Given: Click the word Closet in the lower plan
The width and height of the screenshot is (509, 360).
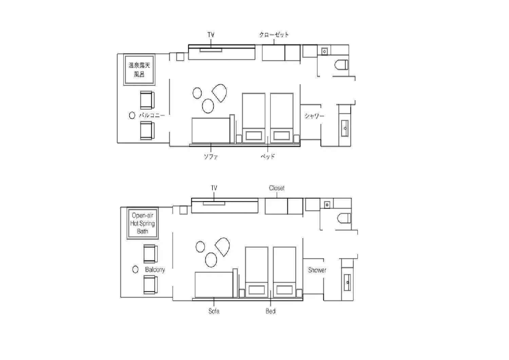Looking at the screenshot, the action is click(277, 188).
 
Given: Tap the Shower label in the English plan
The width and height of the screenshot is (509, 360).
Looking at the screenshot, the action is click(317, 270).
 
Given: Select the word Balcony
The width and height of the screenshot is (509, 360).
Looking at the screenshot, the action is click(155, 270).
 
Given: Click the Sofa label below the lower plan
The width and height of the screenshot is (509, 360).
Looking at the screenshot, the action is click(214, 311).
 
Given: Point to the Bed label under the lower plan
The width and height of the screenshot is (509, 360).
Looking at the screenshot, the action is click(270, 311).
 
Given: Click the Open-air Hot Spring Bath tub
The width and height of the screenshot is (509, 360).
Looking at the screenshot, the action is click(143, 223).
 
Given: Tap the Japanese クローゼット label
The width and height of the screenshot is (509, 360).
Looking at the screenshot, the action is click(274, 35).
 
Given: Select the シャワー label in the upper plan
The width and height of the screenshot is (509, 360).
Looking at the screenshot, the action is click(314, 116).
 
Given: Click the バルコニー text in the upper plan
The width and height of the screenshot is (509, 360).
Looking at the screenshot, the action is click(152, 115).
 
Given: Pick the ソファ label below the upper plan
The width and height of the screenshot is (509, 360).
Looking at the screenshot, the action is click(211, 157).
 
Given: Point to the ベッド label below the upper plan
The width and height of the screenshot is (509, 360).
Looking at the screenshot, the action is click(268, 156).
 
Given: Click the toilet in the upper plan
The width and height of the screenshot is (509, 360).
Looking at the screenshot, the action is click(341, 65).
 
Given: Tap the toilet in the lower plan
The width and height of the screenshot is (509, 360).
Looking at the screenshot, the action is click(344, 218).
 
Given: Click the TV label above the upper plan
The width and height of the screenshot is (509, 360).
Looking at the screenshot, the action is click(211, 35).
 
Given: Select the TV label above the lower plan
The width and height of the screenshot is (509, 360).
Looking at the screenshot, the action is click(214, 188).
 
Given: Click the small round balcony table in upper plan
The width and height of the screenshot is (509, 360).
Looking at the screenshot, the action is click(132, 115).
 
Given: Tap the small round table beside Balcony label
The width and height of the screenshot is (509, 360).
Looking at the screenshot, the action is click(135, 269).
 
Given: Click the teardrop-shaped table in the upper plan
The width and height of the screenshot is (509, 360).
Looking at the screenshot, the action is click(220, 93).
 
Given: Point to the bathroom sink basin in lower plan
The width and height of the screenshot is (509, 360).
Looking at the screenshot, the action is click(347, 282).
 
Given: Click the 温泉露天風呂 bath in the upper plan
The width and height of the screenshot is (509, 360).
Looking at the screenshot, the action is click(139, 70).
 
